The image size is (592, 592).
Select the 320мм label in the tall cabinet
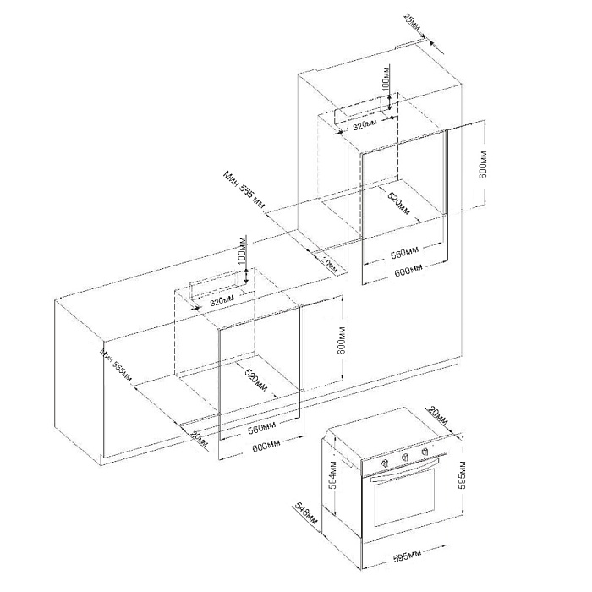[365, 127]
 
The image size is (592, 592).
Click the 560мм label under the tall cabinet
[405, 252]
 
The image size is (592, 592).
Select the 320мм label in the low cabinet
[222, 300]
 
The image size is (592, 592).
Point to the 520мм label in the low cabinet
[255, 381]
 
